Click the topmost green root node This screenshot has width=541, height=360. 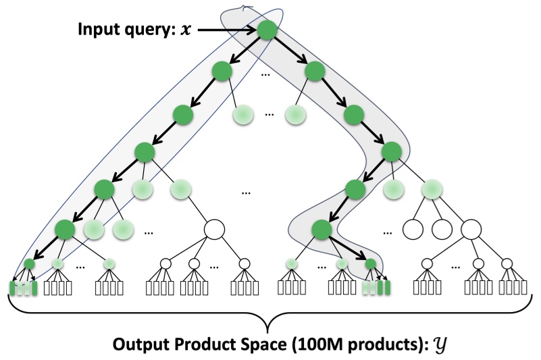pyautogui.click(x=267, y=30)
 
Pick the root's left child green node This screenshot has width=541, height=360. pyautogui.click(x=222, y=71)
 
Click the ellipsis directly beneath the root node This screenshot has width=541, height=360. pyautogui.click(x=267, y=72)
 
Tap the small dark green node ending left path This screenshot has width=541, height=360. pyautogui.click(x=29, y=264)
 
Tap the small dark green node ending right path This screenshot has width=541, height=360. pyautogui.click(x=370, y=264)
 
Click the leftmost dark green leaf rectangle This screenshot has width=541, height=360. pyautogui.click(x=12, y=288)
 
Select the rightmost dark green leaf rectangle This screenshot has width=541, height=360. pyautogui.click(x=388, y=288)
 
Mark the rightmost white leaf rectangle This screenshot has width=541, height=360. pyautogui.click(x=523, y=288)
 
